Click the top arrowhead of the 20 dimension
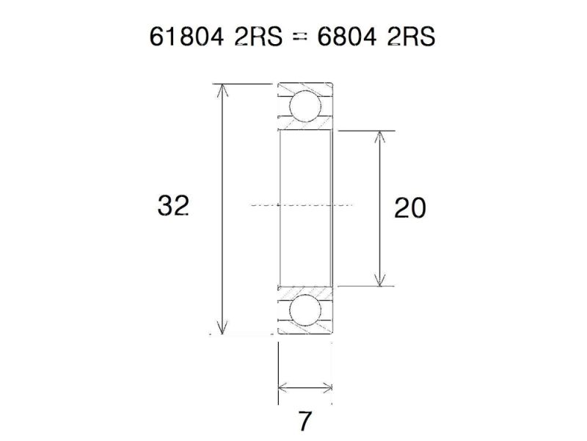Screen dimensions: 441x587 click(x=379, y=137)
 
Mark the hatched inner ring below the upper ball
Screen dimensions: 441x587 click(x=305, y=128)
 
